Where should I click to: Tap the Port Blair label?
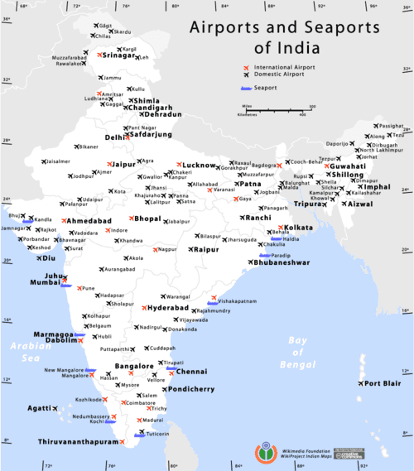(383, 383)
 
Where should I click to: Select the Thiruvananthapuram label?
(79, 442)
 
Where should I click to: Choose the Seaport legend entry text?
(267, 87)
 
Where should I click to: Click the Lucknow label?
(200, 166)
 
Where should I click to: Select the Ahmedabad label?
(89, 222)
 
